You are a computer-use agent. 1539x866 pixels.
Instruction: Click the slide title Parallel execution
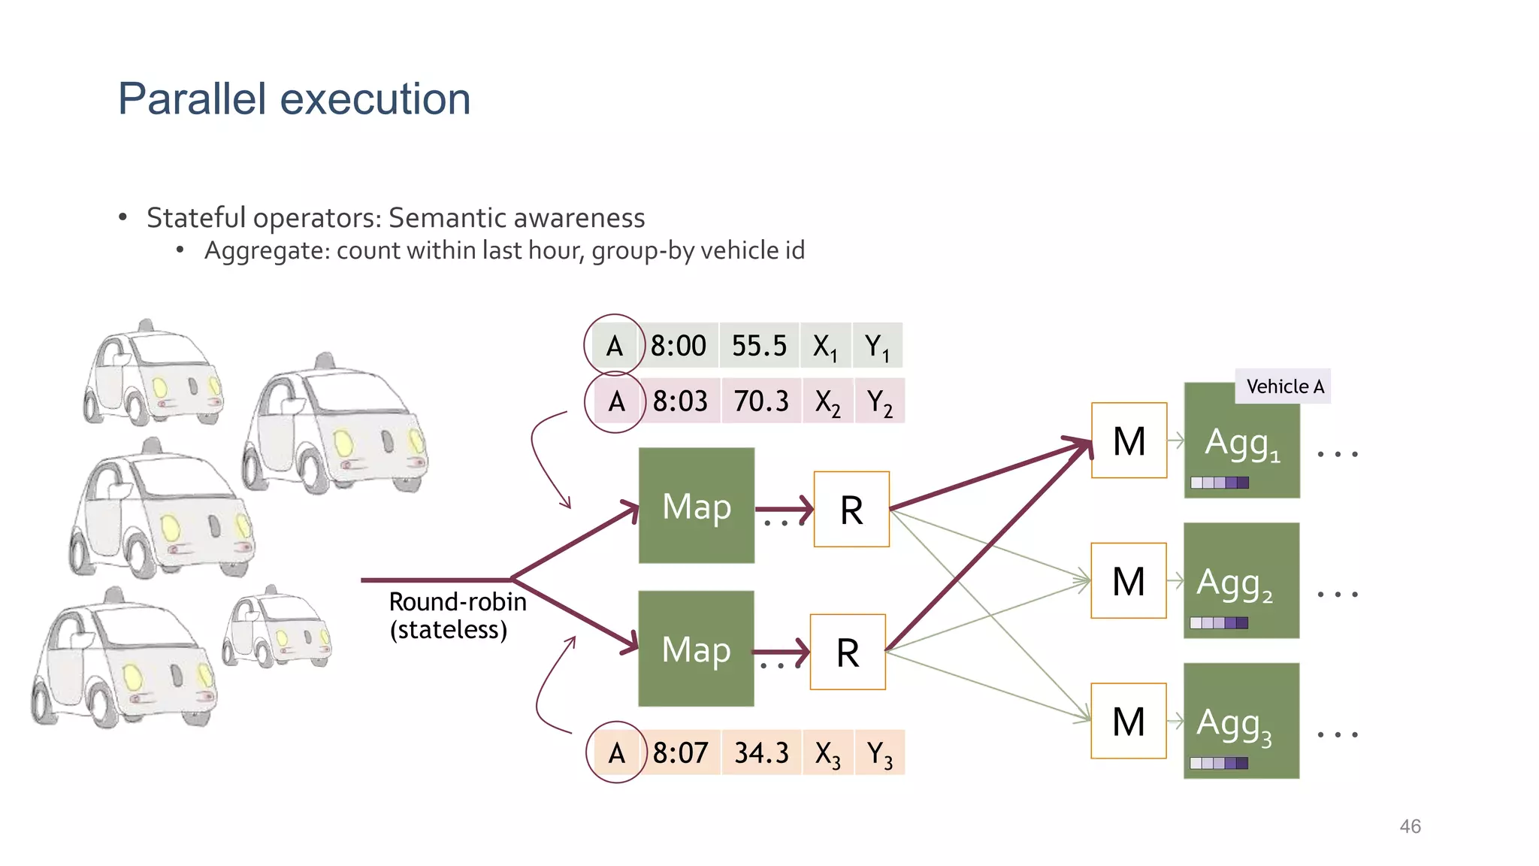click(294, 99)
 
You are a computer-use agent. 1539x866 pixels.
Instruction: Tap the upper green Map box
click(697, 505)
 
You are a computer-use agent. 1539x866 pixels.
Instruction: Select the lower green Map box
click(696, 648)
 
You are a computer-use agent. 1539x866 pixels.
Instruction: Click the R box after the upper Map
click(851, 510)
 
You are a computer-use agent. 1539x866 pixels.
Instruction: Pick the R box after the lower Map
click(848, 652)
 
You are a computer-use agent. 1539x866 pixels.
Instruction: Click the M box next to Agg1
click(1129, 441)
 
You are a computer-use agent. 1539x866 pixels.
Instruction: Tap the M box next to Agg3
click(1128, 721)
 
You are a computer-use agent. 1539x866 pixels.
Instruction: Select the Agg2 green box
click(1241, 580)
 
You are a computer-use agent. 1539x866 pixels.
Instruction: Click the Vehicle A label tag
click(1284, 386)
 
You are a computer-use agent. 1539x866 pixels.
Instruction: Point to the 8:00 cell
click(679, 346)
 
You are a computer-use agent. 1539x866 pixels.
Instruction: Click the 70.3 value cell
click(761, 401)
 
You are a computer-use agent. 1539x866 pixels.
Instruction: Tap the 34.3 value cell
click(761, 752)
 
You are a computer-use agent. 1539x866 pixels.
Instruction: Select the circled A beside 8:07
click(616, 752)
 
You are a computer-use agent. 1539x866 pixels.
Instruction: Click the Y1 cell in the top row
click(877, 347)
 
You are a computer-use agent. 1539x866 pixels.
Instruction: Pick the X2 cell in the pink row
click(827, 402)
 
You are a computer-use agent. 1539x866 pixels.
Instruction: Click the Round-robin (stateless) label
click(457, 616)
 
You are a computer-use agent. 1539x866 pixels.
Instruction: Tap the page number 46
click(1410, 826)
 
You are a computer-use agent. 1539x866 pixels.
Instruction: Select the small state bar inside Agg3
click(1219, 763)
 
